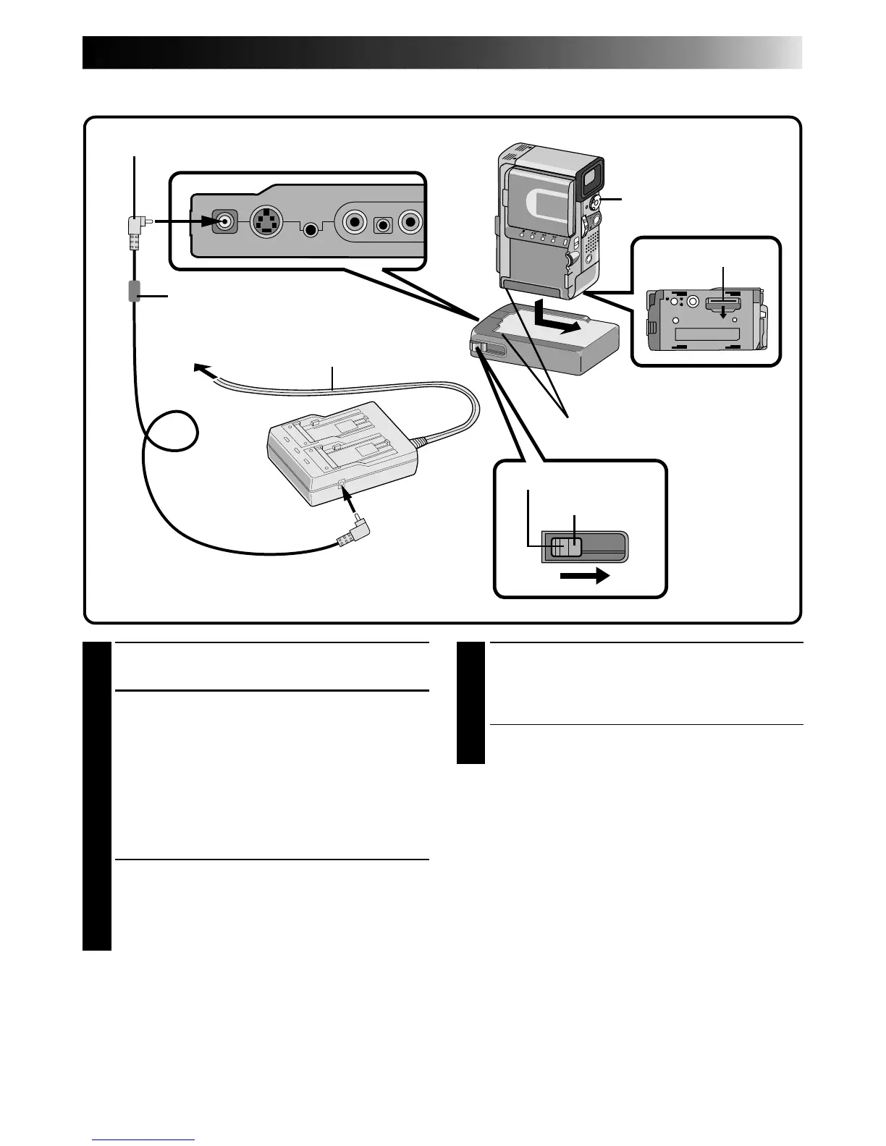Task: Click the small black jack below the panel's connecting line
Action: [x=311, y=229]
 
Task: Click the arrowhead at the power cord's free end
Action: [x=202, y=368]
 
